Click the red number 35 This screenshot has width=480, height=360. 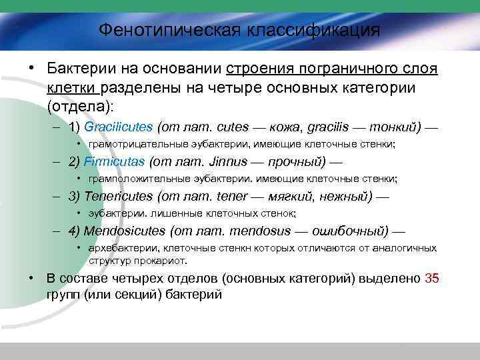point(431,279)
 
